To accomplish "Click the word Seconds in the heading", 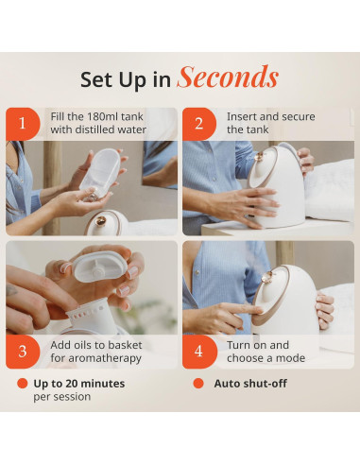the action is [228, 77].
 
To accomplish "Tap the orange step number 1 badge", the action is [23, 124].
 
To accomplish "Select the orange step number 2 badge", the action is [199, 124].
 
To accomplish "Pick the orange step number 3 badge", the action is [23, 352].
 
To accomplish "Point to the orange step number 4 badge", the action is [199, 352].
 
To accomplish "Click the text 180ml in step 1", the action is [103, 116].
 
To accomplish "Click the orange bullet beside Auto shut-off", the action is [198, 384].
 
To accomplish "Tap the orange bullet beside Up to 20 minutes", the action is [23, 384].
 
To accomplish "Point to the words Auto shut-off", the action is [250, 384].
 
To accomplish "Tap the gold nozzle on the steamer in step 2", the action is [260, 157].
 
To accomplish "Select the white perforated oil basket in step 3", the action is [87, 315].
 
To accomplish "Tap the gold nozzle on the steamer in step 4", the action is [267, 278].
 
